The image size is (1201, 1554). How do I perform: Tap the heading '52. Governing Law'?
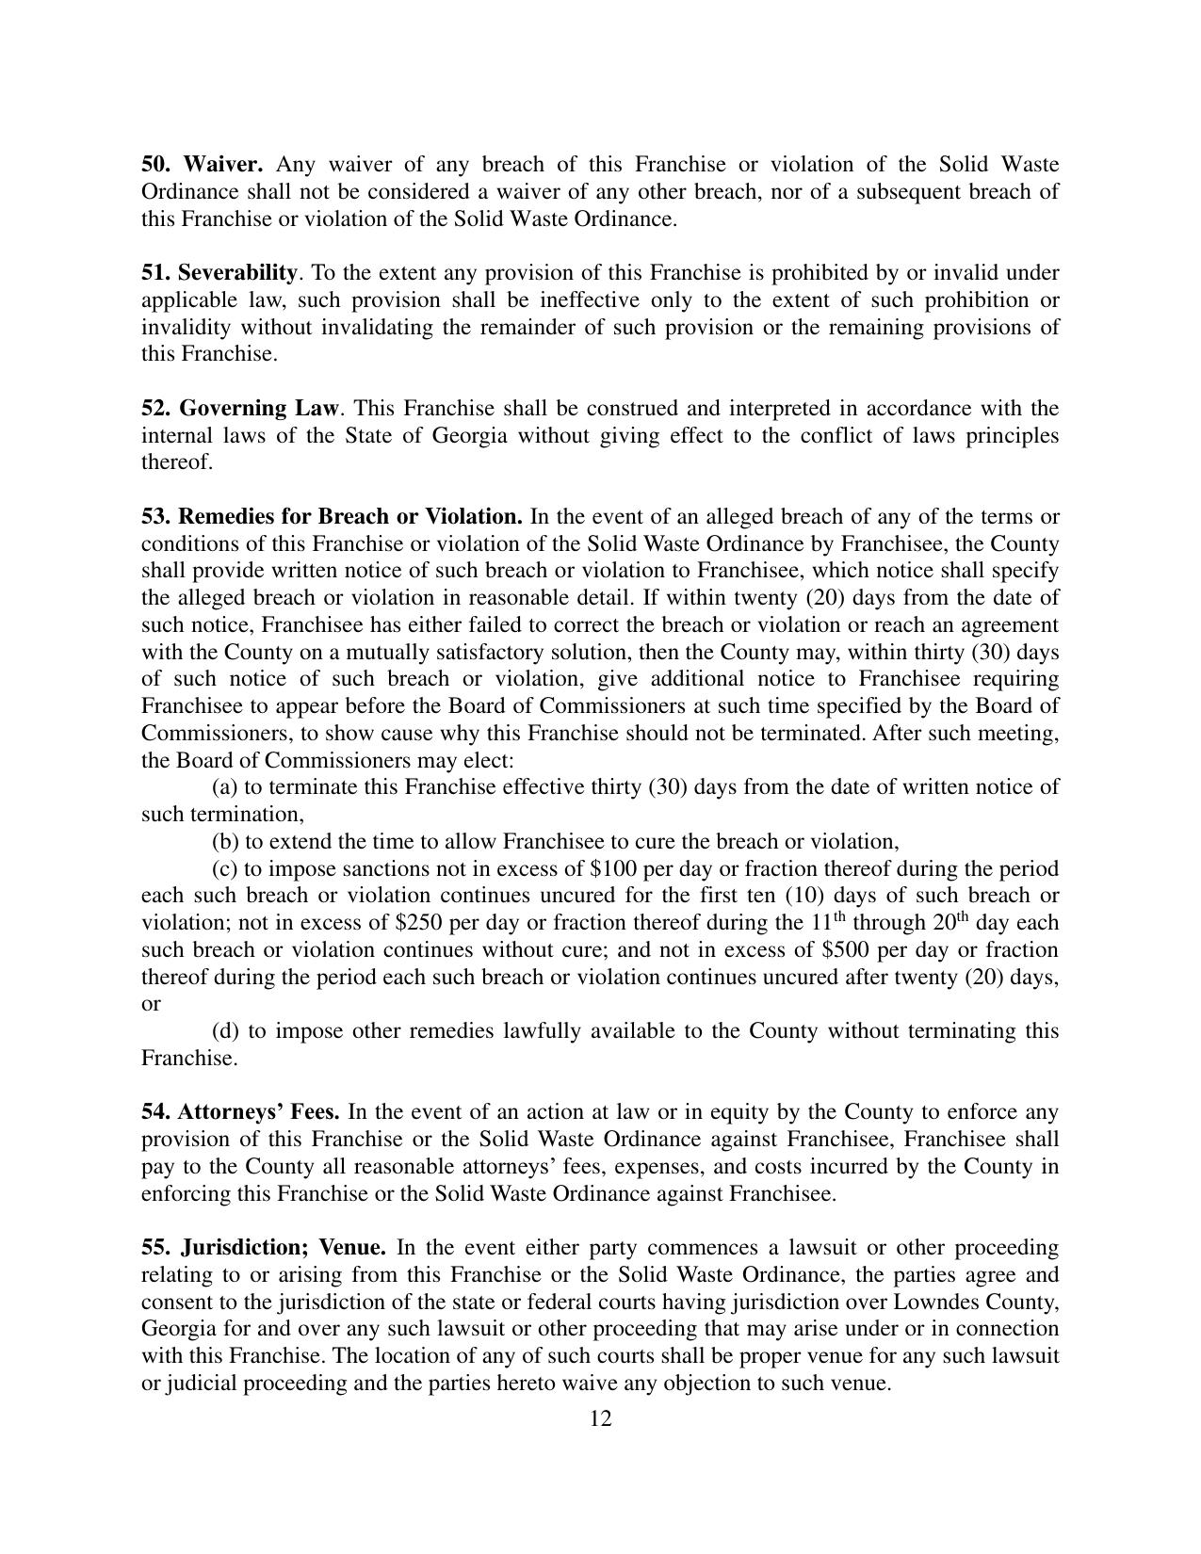239,409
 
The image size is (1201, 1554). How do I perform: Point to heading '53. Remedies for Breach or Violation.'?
332,517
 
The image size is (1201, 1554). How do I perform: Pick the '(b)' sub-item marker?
225,842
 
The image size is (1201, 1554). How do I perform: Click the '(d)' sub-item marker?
225,1031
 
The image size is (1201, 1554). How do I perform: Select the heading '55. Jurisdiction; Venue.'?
264,1248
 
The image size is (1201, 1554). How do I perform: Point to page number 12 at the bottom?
601,1419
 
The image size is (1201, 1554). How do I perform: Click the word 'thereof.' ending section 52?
177,463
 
